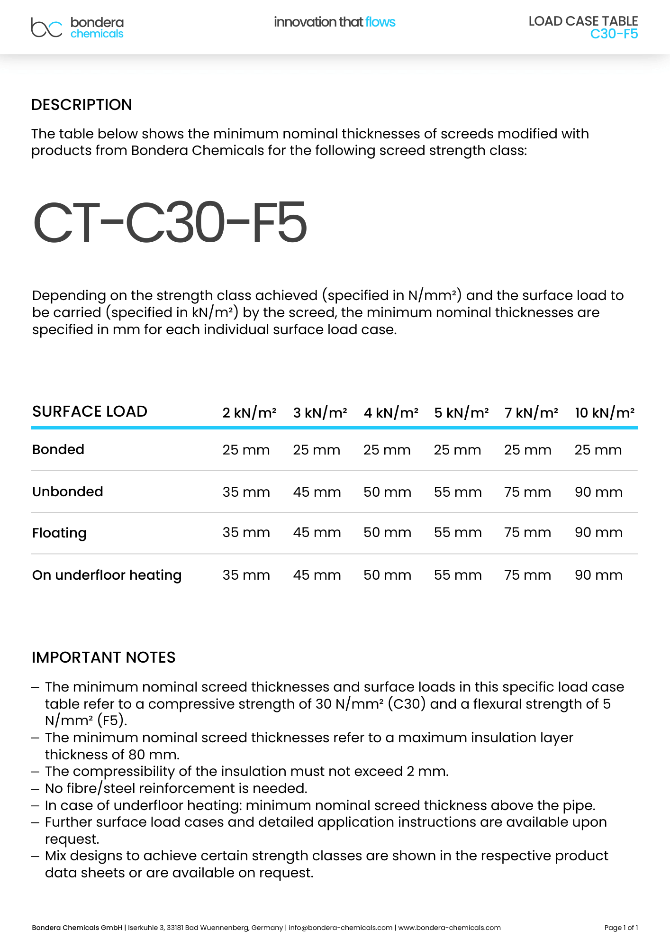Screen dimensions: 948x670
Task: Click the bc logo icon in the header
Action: click(x=46, y=27)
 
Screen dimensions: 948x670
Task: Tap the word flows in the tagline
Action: click(x=380, y=22)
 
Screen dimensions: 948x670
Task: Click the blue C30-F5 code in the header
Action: click(x=614, y=34)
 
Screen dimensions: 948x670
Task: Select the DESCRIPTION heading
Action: click(x=81, y=105)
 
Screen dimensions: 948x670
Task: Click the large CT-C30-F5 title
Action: click(x=170, y=223)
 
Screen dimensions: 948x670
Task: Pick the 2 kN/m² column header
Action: click(x=249, y=412)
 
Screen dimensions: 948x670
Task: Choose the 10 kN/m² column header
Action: click(x=604, y=412)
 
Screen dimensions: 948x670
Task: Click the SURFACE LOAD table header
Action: click(x=90, y=411)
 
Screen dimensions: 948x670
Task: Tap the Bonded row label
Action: click(x=58, y=449)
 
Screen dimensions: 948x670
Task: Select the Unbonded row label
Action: click(x=68, y=492)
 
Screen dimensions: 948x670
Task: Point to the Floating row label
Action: click(x=59, y=533)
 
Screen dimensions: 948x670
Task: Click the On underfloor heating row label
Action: click(x=107, y=575)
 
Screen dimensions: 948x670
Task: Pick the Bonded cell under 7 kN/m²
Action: click(x=527, y=450)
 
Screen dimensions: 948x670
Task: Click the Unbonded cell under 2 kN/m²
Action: click(x=246, y=492)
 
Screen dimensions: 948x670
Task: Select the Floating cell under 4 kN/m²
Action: click(x=387, y=532)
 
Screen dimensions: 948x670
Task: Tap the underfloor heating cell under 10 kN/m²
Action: click(x=598, y=575)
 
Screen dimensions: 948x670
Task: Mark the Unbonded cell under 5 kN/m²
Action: click(x=458, y=492)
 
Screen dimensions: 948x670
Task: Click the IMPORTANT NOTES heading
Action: click(x=103, y=657)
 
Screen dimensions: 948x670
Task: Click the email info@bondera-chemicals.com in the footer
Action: click(x=340, y=928)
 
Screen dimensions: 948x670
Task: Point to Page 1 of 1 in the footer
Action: click(x=621, y=928)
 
